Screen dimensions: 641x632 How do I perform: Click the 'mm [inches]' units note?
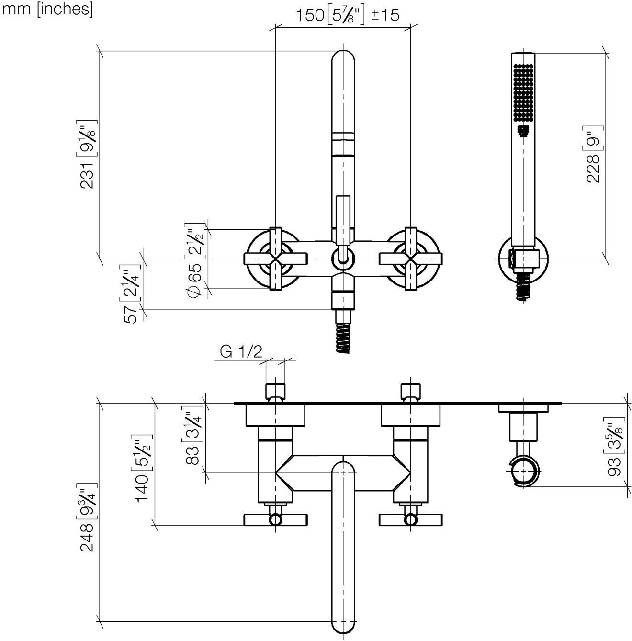[x=47, y=9]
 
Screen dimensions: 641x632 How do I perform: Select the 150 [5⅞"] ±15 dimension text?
[x=347, y=15]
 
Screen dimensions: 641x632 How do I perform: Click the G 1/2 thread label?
[x=241, y=352]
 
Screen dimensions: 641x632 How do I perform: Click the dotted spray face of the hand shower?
[x=523, y=93]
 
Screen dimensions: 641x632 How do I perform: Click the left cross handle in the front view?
[x=275, y=259]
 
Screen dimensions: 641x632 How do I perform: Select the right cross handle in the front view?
[x=410, y=259]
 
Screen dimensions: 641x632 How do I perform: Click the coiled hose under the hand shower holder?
[x=523, y=286]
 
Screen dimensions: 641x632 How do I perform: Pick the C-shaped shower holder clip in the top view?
[x=523, y=472]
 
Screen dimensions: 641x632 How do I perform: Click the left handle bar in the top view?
[x=275, y=519]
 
